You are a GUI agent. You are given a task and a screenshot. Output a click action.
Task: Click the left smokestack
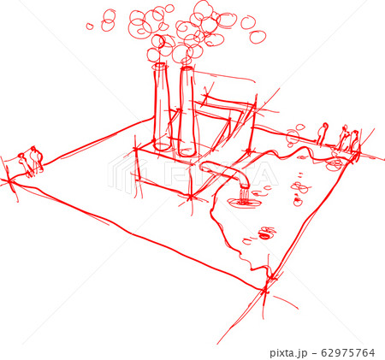161,107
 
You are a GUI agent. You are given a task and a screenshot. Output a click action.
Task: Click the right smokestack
187,111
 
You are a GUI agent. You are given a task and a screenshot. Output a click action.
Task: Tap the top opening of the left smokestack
160,66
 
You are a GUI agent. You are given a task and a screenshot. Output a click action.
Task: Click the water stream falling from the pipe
246,196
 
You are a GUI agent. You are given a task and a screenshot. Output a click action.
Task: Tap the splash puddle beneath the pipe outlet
246,204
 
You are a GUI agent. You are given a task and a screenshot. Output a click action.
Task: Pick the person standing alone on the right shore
323,133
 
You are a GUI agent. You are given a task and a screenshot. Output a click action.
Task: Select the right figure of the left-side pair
36,160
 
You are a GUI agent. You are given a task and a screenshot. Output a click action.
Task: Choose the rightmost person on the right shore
354,141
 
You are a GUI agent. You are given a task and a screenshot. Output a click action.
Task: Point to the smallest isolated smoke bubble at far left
90,27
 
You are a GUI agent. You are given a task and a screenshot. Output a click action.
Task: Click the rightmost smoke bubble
258,36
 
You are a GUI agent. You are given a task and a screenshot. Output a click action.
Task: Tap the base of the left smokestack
162,145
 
